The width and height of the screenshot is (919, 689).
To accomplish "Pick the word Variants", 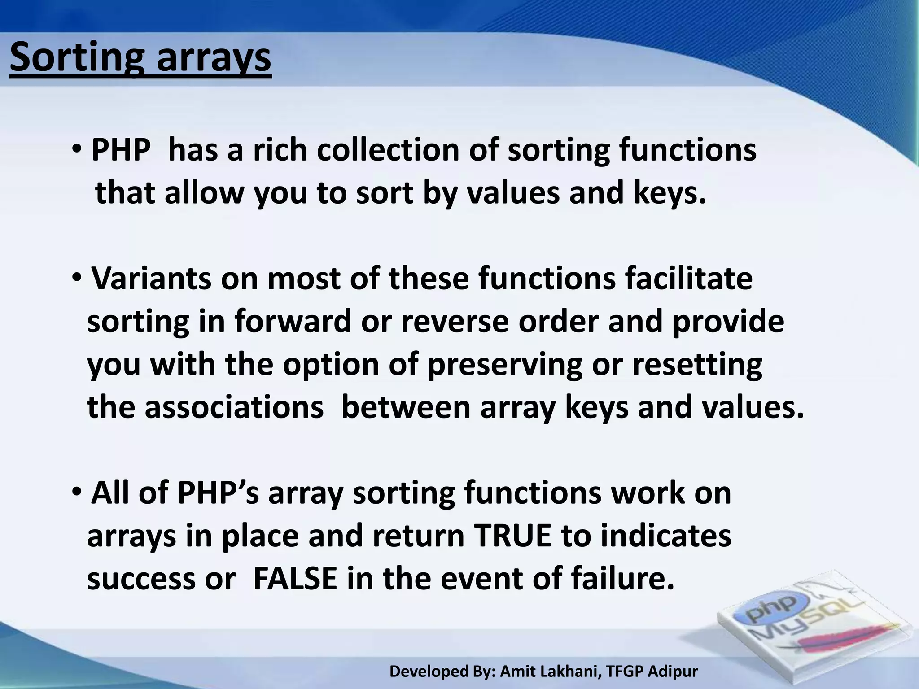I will point(152,279).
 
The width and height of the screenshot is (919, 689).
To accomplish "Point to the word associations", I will point(234,408).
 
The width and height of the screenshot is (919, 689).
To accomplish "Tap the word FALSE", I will point(295,579).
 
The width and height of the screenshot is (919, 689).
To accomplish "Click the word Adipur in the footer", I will point(673,672).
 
